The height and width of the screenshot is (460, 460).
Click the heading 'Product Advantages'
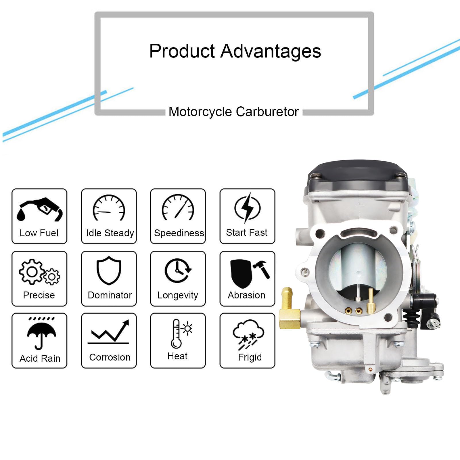(235, 51)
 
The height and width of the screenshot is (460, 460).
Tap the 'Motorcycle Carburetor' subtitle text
(233, 112)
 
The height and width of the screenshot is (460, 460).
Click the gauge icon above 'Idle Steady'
(109, 208)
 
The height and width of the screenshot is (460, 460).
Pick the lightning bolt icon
(247, 208)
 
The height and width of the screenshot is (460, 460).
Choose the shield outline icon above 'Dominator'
(109, 270)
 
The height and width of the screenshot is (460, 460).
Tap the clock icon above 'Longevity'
(178, 271)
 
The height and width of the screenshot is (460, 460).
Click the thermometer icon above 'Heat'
(176, 333)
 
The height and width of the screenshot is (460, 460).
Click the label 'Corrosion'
(110, 357)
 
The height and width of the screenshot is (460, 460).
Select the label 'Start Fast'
(247, 232)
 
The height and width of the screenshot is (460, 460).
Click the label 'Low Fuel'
(39, 233)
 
